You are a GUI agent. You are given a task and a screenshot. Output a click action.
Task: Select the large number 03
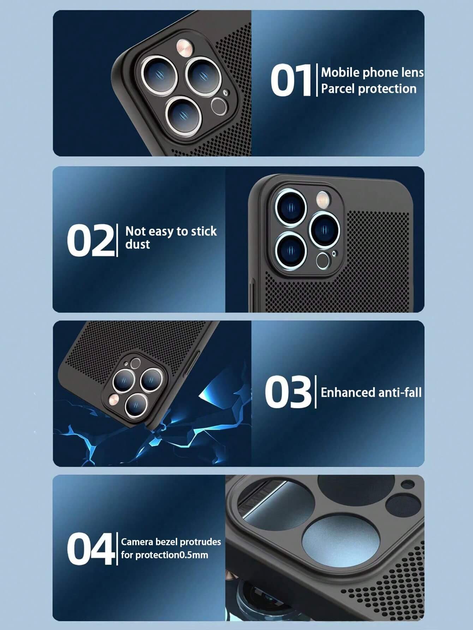point(288,392)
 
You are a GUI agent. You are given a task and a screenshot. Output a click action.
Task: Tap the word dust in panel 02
point(138,244)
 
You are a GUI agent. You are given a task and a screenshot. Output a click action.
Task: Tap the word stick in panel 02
point(204,232)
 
